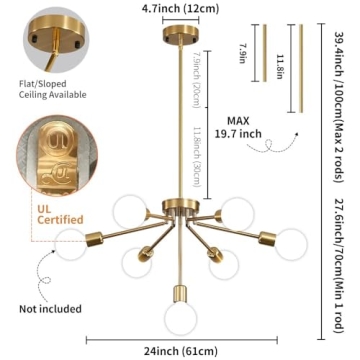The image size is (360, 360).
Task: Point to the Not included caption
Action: pyautogui.click(x=41, y=308)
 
